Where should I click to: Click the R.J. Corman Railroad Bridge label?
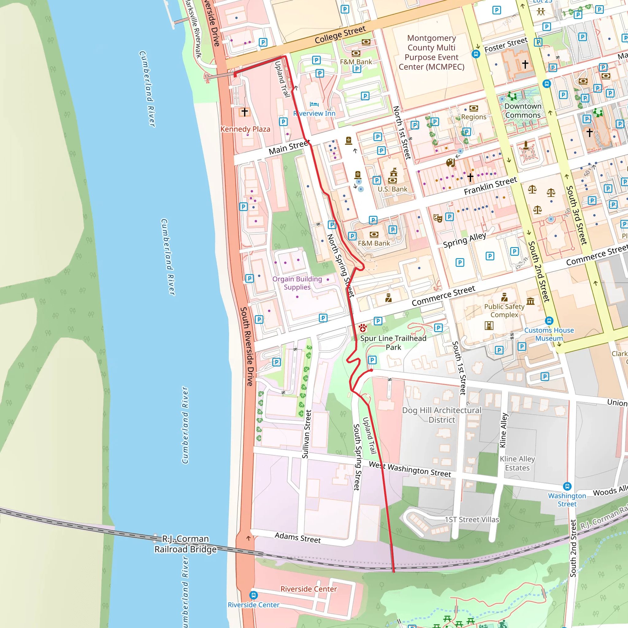pyautogui.click(x=185, y=544)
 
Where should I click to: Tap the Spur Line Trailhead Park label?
pyautogui.click(x=393, y=343)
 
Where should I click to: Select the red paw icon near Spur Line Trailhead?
pyautogui.click(x=363, y=328)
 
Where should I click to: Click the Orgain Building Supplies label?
pyautogui.click(x=297, y=283)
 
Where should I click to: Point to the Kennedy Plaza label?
pyautogui.click(x=245, y=129)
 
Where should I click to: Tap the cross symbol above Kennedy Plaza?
pyautogui.click(x=244, y=112)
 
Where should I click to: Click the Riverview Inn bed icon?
pyautogui.click(x=314, y=104)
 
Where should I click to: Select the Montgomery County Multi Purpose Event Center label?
pyautogui.click(x=431, y=52)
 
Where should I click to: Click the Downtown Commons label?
pyautogui.click(x=523, y=110)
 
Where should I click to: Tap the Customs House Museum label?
pyautogui.click(x=549, y=334)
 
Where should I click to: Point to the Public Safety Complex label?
pyautogui.click(x=504, y=310)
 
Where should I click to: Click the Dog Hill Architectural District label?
pyautogui.click(x=442, y=415)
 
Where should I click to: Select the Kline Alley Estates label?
pyautogui.click(x=517, y=463)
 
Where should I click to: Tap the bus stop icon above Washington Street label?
pyautogui.click(x=567, y=486)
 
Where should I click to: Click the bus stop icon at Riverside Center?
pyautogui.click(x=254, y=595)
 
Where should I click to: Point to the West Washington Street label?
pyautogui.click(x=410, y=469)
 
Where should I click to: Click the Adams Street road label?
pyautogui.click(x=297, y=538)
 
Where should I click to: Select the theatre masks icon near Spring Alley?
pyautogui.click(x=438, y=218)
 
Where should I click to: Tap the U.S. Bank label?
pyautogui.click(x=392, y=189)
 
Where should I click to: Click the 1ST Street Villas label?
pyautogui.click(x=472, y=519)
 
